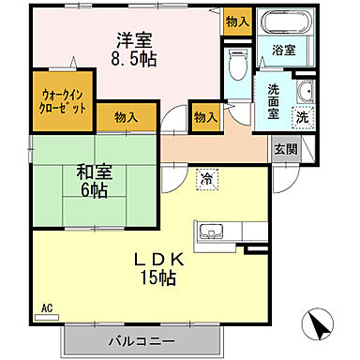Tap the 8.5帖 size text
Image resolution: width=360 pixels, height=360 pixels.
[136, 60]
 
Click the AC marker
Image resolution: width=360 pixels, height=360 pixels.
[48, 307]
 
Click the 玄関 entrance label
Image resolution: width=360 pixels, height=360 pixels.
[284, 149]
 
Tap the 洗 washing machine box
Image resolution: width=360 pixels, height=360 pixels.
[302, 118]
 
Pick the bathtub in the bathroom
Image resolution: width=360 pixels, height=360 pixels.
[284, 23]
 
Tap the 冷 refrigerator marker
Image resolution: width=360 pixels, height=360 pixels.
[205, 177]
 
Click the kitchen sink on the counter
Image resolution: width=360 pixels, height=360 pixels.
[208, 232]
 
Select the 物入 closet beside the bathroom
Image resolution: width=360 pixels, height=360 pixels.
[238, 21]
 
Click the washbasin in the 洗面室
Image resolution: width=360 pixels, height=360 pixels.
[306, 91]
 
